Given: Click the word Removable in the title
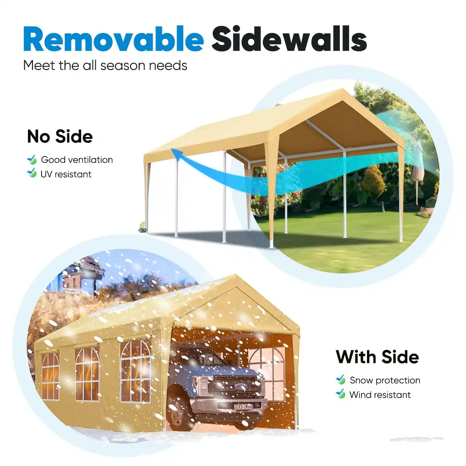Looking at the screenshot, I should coord(113,39).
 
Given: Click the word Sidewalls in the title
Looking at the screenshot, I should coord(289,39).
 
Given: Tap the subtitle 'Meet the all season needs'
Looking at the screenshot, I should coord(105,65).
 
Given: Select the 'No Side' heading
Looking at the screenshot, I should coord(60,136).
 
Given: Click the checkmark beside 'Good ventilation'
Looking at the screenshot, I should coord(32,160).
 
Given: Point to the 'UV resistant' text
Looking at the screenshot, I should coord(66,174).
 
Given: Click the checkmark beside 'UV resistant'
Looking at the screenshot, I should coord(32,174).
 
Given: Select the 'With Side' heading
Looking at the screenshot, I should coord(377,357).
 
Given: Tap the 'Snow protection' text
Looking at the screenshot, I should coord(385,380).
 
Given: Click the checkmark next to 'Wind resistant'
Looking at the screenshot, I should coord(341,394).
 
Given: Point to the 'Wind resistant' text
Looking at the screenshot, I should coord(380,395).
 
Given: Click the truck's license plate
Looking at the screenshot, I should coord(243,407).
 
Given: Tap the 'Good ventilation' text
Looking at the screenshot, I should coord(77,160).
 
